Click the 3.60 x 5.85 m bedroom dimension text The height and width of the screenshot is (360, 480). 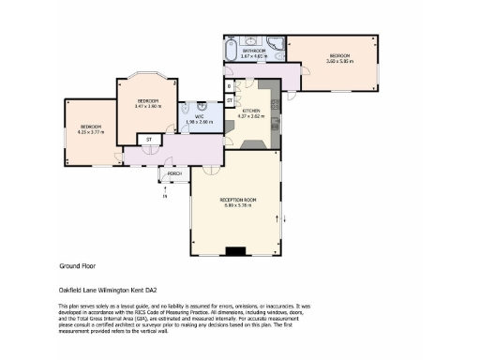coord(338,62)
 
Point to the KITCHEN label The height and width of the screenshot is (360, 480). coord(251,111)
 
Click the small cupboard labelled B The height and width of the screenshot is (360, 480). coord(230,85)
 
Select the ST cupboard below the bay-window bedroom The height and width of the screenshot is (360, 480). coord(148,140)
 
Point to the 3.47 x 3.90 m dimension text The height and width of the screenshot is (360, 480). coord(148,106)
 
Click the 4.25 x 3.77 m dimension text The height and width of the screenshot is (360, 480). coord(90,132)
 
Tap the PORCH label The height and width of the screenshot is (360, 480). coord(174,174)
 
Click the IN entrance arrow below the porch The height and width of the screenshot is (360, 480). coord(164,194)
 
